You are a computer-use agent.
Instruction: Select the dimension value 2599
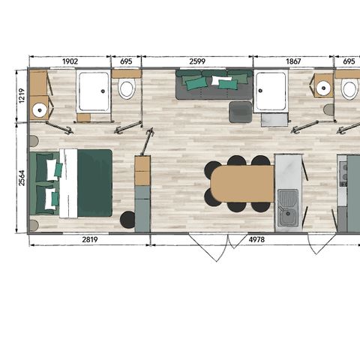(197, 61)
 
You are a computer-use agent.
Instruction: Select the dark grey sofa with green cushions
(214, 85)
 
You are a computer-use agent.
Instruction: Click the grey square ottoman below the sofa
(241, 112)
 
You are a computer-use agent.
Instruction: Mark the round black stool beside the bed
(127, 220)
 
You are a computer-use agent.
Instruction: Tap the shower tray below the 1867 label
(271, 91)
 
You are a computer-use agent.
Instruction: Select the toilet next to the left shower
(127, 90)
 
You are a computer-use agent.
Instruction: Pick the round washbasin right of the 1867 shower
(323, 88)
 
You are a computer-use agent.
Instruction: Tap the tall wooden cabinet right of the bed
(142, 172)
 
